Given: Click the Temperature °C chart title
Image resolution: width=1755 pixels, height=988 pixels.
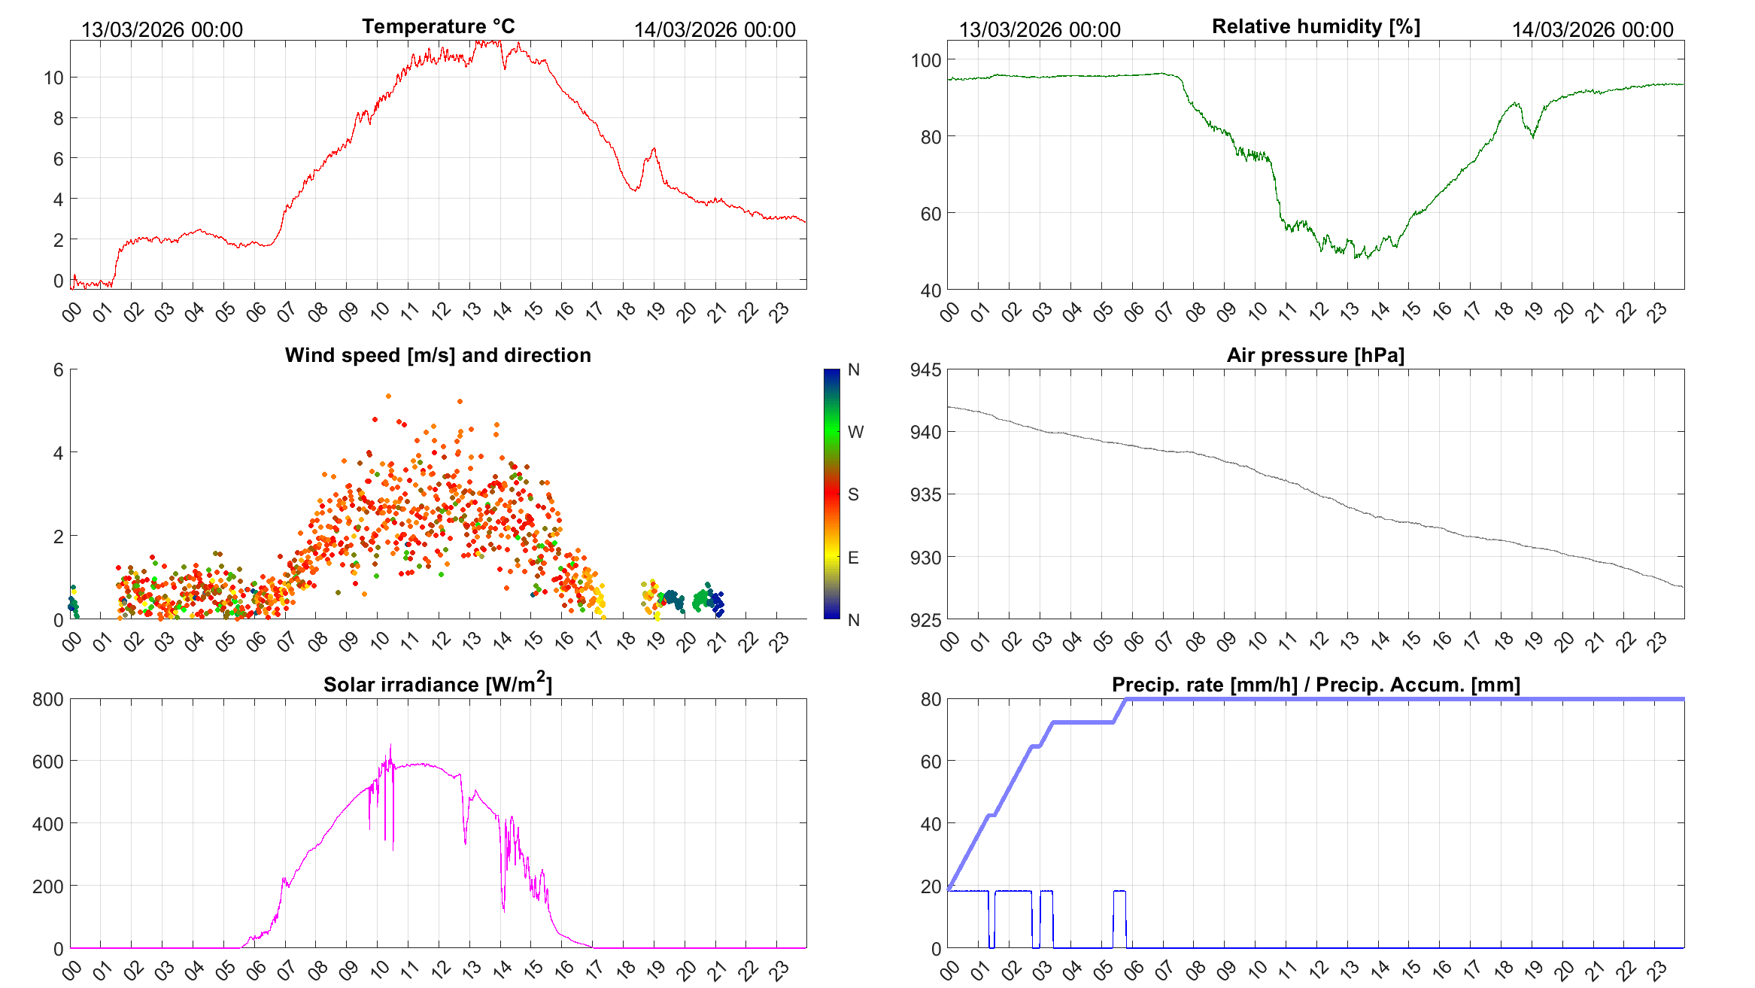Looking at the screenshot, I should pyautogui.click(x=438, y=26).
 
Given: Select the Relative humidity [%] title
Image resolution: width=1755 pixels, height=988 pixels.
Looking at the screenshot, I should pyautogui.click(x=1316, y=26).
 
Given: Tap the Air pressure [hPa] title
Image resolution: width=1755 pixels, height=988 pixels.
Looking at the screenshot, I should pyautogui.click(x=1315, y=355).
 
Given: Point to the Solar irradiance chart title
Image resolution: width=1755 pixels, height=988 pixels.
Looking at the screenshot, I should pyautogui.click(x=438, y=684).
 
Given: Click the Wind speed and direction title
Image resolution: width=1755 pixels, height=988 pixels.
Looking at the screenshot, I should pyautogui.click(x=438, y=355).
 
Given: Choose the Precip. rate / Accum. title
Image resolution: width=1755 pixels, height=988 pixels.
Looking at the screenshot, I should pyautogui.click(x=1316, y=685).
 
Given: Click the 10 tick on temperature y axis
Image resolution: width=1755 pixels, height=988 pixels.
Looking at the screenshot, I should pyautogui.click(x=53, y=78).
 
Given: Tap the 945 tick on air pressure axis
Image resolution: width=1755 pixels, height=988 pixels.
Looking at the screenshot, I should pyautogui.click(x=925, y=369).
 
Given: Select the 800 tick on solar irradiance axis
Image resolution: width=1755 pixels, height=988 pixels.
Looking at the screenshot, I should pyautogui.click(x=48, y=699).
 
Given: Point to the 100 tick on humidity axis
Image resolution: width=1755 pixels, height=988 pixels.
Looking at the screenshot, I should pyautogui.click(x=925, y=60).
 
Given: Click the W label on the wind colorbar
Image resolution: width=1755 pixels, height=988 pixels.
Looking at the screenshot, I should pyautogui.click(x=855, y=432).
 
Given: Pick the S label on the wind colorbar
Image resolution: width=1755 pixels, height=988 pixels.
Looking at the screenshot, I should pyautogui.click(x=853, y=494).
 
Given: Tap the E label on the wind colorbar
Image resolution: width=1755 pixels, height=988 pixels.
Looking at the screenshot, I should pyautogui.click(x=853, y=558).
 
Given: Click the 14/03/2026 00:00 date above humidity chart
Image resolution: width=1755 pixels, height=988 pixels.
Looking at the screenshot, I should pyautogui.click(x=1593, y=29).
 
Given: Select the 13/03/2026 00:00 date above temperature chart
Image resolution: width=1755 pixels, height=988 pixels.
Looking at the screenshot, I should pyautogui.click(x=162, y=29).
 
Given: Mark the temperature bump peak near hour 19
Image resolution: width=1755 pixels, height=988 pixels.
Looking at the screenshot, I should pyautogui.click(x=654, y=149).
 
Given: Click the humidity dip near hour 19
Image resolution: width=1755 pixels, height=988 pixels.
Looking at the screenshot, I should pyautogui.click(x=1532, y=136).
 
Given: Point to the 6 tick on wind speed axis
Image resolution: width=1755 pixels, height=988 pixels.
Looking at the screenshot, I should pyautogui.click(x=58, y=369).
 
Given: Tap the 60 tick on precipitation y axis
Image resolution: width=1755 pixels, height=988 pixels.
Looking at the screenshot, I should pyautogui.click(x=931, y=762).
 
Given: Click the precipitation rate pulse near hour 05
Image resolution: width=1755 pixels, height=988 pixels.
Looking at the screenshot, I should pyautogui.click(x=1119, y=892).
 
